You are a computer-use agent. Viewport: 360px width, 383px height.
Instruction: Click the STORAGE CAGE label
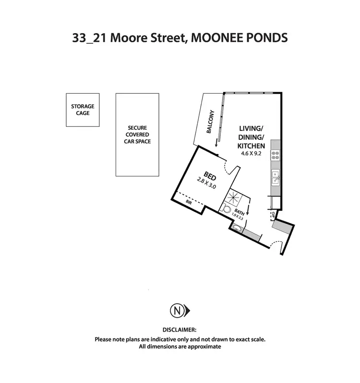83,110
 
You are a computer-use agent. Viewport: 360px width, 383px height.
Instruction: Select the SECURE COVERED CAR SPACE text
139,135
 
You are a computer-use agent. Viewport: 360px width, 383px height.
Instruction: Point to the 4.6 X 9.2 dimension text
252,153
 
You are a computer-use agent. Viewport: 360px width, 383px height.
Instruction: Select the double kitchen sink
276,177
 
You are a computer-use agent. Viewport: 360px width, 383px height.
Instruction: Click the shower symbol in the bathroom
235,196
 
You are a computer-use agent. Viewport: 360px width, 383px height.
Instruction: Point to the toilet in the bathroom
227,209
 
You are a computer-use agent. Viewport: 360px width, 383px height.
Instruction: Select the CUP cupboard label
272,214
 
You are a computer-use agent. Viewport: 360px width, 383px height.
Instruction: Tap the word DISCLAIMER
180,330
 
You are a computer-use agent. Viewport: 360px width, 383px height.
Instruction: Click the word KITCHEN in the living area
252,146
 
